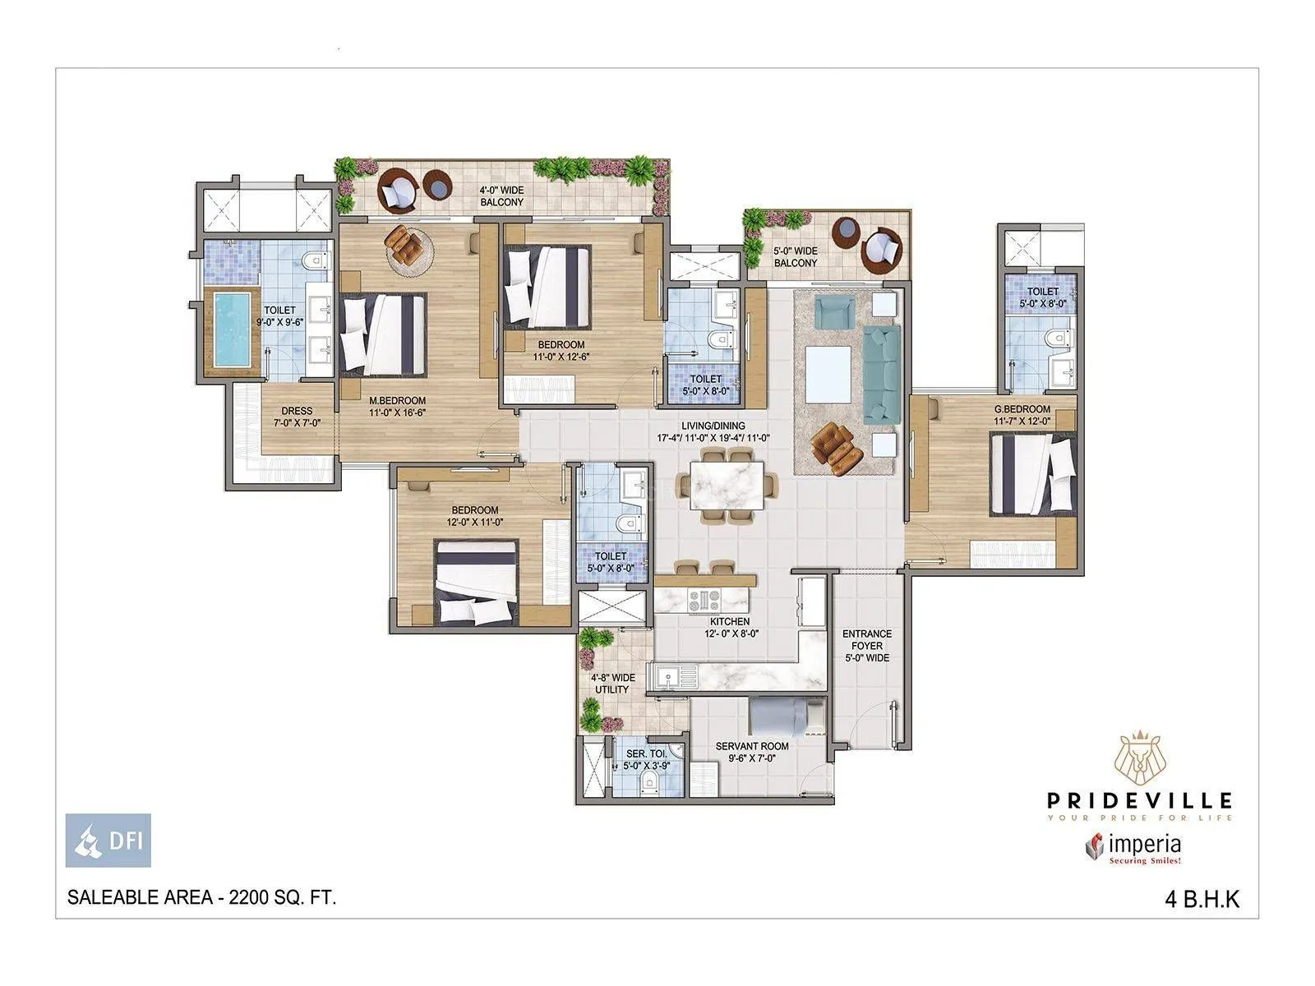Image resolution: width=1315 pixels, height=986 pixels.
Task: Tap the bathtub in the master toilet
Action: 231,331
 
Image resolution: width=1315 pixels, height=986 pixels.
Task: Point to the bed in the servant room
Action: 780,716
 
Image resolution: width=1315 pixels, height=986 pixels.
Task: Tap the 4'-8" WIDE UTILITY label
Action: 612,684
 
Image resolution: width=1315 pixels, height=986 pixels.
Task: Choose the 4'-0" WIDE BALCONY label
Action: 501,196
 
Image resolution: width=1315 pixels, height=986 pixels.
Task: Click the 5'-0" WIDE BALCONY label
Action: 796,257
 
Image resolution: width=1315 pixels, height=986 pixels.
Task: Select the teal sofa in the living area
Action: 882,374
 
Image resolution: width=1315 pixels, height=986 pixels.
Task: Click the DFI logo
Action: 108,840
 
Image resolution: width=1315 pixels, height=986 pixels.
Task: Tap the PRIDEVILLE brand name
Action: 1139,799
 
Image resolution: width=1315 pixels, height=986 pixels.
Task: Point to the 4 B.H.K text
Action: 1201,900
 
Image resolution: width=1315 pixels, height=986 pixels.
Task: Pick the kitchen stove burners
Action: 704,599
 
